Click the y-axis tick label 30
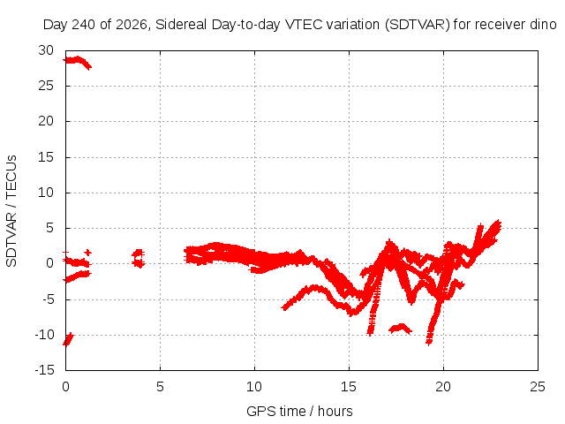click(46, 50)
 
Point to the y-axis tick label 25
click(46, 86)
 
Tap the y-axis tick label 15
click(46, 157)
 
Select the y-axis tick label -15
click(44, 370)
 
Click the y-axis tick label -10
click(44, 335)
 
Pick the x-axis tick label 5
click(160, 387)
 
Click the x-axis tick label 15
click(349, 387)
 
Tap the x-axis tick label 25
click(538, 387)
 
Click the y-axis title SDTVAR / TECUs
click(11, 211)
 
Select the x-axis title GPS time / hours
click(299, 412)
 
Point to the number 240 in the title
click(84, 25)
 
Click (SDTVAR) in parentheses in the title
click(418, 25)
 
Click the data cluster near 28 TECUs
click(78, 61)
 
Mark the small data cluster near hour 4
click(139, 258)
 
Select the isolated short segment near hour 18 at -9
click(400, 328)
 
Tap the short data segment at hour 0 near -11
click(68, 339)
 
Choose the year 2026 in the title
click(132, 25)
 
